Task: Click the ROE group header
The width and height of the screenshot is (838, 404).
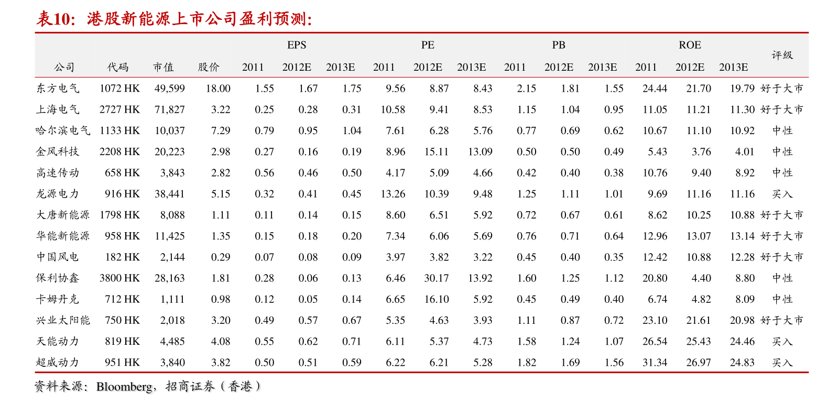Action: point(690,45)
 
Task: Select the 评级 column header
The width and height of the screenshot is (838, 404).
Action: point(782,55)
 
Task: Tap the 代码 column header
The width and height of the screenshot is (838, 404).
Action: point(118,67)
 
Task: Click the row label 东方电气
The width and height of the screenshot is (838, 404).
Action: point(58,89)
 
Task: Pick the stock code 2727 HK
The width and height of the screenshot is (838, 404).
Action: point(119,110)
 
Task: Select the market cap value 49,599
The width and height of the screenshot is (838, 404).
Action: point(169,89)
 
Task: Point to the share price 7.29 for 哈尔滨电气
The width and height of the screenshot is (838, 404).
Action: point(221,130)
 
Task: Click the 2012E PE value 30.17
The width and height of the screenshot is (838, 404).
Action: point(436,278)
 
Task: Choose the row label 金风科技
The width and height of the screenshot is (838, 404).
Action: point(58,151)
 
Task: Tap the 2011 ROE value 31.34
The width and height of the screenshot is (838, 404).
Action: point(655,362)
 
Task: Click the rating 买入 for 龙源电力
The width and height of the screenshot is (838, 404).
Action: point(782,194)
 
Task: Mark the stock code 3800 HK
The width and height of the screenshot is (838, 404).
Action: point(119,278)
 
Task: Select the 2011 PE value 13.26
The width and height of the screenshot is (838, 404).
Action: point(393,194)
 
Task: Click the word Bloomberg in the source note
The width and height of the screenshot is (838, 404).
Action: point(124,387)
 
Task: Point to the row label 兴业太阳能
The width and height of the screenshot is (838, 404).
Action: point(63,320)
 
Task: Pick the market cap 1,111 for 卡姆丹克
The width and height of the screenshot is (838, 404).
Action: point(172,299)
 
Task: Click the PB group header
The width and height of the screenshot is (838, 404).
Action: point(559,45)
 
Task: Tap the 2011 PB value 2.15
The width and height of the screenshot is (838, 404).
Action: point(526,89)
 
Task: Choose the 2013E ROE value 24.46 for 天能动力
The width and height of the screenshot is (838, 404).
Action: point(742,341)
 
